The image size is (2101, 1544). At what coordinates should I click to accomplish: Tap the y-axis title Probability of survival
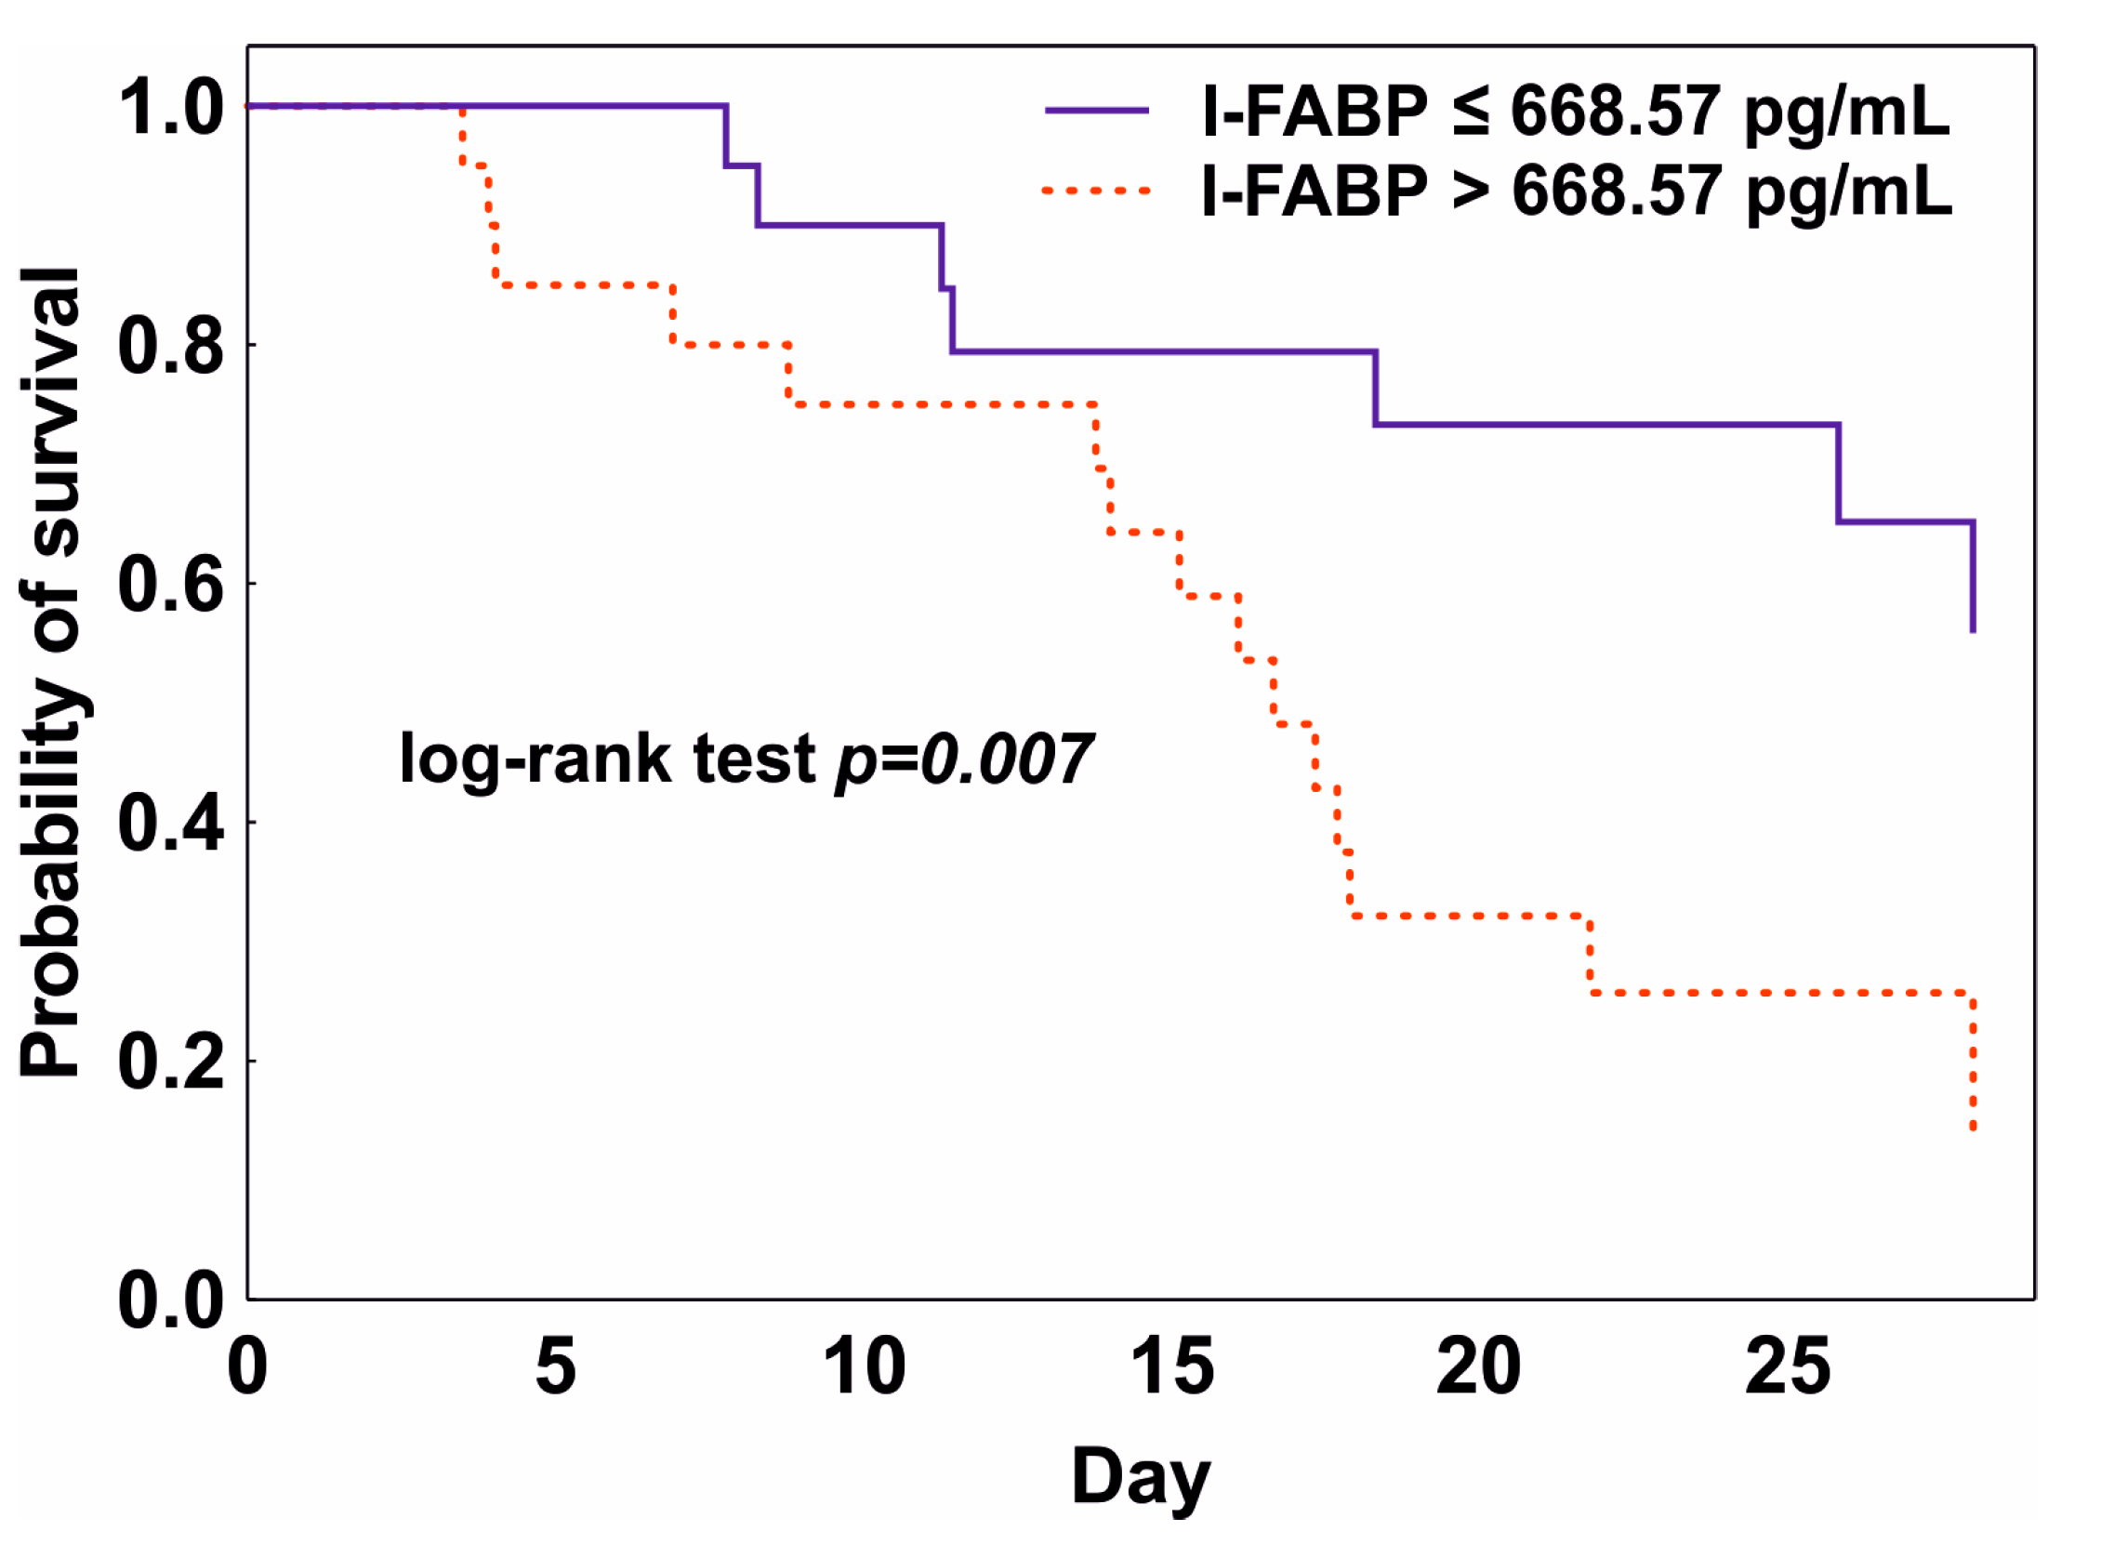coord(51,673)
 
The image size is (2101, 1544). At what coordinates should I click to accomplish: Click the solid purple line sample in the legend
coord(1096,111)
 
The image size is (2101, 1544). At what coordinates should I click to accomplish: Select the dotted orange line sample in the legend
coord(1096,191)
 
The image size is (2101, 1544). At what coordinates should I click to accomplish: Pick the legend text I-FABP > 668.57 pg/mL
coord(1576,191)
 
